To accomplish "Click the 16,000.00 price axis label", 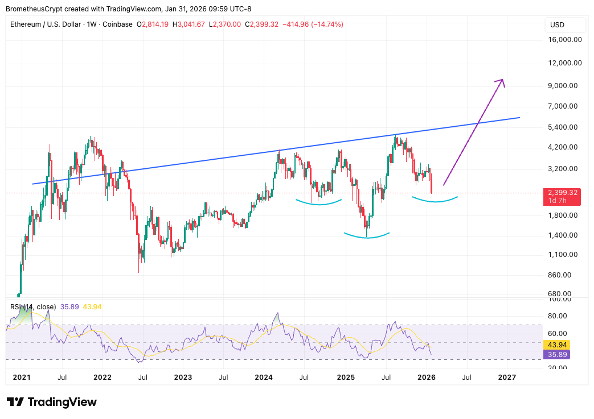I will [x=565, y=40].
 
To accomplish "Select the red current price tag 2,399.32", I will [x=563, y=193].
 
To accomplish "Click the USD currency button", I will [x=557, y=25].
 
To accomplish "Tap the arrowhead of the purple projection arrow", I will [x=502, y=81].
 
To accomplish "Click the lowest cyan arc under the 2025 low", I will [x=366, y=236].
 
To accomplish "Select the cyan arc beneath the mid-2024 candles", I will [x=318, y=203].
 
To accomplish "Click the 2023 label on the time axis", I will [x=183, y=377].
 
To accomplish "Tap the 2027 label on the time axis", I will [x=507, y=377].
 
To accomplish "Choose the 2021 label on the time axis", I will [x=22, y=377].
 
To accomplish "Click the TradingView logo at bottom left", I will [x=52, y=402].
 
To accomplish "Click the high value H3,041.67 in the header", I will [x=189, y=24].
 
